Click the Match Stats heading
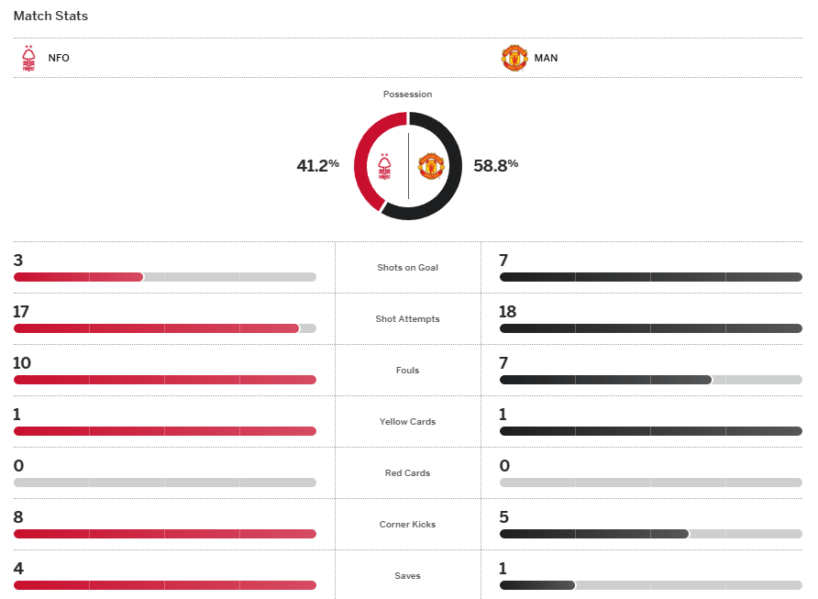pos(50,17)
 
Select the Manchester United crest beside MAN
pos(514,58)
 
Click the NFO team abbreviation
pos(59,58)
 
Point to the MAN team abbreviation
pos(546,58)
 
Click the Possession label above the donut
pos(408,94)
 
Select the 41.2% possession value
pos(317,166)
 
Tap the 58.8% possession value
pos(496,166)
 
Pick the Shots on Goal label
pos(408,268)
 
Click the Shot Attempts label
pos(408,319)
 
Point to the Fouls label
pos(408,371)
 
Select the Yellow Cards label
pos(408,422)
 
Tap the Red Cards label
pos(408,473)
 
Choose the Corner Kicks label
pos(408,525)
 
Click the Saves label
pos(408,576)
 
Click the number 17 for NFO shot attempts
pos(21,312)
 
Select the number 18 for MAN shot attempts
pos(508,312)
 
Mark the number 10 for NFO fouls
pos(22,363)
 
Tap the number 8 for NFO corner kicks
pos(18,517)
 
